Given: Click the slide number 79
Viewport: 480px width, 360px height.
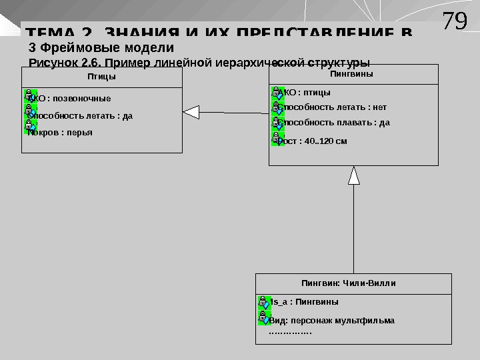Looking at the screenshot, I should pos(455,21).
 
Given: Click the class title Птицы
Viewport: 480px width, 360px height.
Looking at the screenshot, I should pos(101,77).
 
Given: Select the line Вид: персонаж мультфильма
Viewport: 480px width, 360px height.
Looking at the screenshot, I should pos(331,320).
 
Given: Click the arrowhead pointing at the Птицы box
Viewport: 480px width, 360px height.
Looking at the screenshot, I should pos(191,113).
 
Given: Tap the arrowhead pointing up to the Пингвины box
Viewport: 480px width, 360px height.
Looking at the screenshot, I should pos(354,175).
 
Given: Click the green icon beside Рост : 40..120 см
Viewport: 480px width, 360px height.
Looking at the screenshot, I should pos(278,139).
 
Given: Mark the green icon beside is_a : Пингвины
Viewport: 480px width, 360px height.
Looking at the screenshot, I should pos(264,302).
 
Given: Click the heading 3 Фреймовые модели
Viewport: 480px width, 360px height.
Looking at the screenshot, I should pos(101,48).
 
